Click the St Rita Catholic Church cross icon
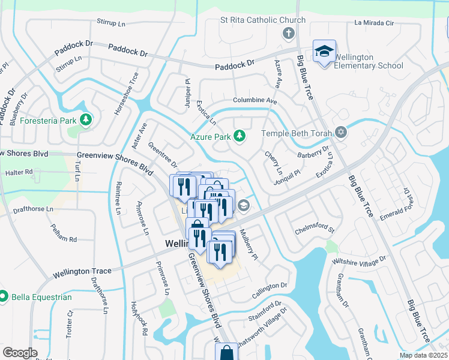288,33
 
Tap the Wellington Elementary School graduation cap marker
324,52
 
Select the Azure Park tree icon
240,137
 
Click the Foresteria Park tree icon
86,120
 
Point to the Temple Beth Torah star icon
341,132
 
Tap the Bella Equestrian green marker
4,296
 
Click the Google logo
20,353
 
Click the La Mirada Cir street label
373,23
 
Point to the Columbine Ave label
255,101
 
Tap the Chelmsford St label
314,230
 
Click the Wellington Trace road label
82,271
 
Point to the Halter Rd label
19,172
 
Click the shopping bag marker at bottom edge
228,352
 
